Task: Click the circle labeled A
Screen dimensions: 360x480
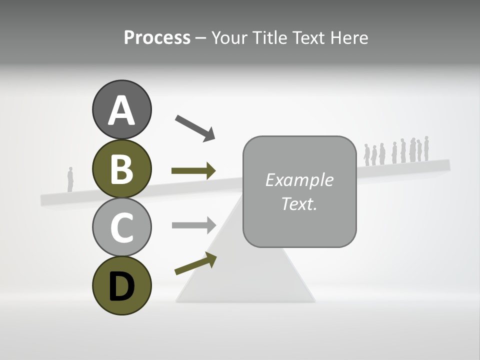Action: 121,109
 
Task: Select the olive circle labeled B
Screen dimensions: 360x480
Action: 121,168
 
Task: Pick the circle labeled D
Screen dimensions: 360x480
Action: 121,285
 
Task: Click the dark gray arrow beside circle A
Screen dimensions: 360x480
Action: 195,127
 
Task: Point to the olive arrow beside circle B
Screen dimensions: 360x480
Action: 193,171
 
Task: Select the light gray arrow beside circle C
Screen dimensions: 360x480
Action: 193,225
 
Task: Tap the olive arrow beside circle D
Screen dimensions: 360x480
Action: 195,263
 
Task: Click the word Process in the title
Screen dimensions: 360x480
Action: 157,37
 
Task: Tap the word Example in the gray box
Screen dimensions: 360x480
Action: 299,180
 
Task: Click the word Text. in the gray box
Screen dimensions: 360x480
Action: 299,203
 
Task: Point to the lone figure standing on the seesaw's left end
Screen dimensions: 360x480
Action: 70,179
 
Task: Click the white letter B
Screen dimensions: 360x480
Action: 121,169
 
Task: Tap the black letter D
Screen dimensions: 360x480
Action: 121,286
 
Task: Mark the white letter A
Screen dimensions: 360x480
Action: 121,110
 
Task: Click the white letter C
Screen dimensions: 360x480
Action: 121,227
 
